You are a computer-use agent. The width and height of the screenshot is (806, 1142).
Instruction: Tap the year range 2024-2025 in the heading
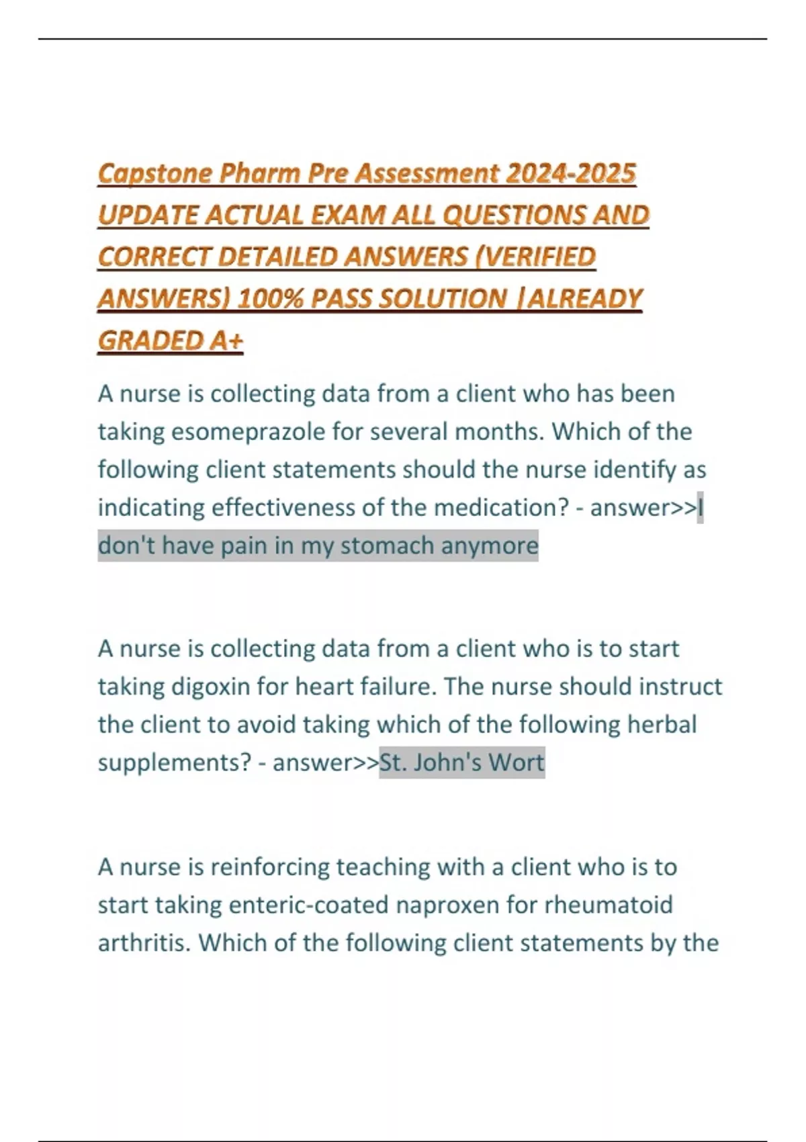click(x=570, y=173)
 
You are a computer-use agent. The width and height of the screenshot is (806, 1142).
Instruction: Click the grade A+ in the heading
click(x=226, y=341)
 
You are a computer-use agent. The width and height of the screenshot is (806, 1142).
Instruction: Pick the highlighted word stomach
click(x=387, y=545)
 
